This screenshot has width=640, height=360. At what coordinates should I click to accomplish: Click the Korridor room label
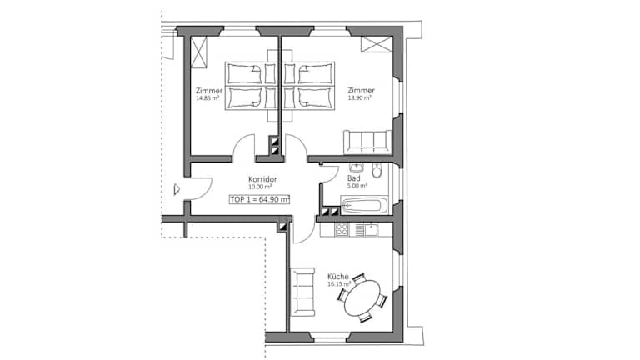point(262,179)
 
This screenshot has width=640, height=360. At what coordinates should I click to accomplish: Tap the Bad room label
point(354,178)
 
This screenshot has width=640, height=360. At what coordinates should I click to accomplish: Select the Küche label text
point(338,277)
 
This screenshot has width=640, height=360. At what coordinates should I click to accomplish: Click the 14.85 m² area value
point(207,98)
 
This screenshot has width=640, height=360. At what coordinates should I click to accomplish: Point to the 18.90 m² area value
point(360,98)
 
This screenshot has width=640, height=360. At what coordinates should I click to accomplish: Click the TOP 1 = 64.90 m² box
point(260,199)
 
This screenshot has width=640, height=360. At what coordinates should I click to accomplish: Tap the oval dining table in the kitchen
point(362,298)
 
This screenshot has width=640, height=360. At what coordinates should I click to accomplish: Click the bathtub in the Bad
point(364,205)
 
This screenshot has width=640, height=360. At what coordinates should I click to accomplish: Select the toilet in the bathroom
point(377,171)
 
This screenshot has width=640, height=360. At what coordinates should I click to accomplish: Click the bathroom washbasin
point(357,167)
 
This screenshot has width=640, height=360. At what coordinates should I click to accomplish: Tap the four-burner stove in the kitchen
point(342,230)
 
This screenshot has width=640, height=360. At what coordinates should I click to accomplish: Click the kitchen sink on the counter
point(372,230)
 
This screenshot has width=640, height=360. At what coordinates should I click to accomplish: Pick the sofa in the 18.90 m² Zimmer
point(367,141)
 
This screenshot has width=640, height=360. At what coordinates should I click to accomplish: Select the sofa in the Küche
point(302,292)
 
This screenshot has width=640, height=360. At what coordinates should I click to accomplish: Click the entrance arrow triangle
point(177,189)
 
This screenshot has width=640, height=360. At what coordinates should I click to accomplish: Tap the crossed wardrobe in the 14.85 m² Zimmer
point(200,52)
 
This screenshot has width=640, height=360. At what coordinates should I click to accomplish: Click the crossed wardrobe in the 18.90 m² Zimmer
point(377,44)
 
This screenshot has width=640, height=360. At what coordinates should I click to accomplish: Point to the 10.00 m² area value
point(260,187)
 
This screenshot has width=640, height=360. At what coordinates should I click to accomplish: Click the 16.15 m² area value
point(339,283)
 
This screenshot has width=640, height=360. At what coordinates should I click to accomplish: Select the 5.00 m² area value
point(357,185)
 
